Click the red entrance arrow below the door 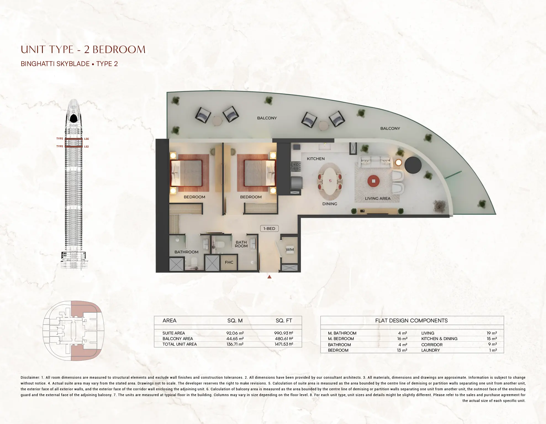tap(269, 276)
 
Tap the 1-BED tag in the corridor tap(269, 228)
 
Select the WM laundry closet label tap(290, 249)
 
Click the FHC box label tap(229, 262)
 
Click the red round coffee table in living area tap(373, 181)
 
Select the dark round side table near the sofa tap(413, 165)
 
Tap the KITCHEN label tap(316, 159)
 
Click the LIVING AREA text tap(378, 198)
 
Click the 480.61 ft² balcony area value tap(284, 339)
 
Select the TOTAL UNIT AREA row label tap(180, 344)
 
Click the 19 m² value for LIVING tap(492, 333)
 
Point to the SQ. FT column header tap(284, 321)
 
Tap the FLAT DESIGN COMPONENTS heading tap(411, 321)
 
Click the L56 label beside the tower tap(86, 139)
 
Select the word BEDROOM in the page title tap(119, 50)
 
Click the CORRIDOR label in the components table tap(432, 345)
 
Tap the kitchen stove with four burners tap(296, 166)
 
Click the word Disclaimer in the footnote tap(30, 377)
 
